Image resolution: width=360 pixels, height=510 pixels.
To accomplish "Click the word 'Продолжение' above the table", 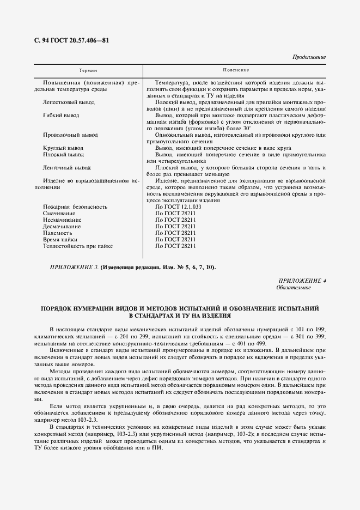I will click(309, 57).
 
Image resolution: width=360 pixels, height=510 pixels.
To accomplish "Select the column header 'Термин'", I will click(88, 70).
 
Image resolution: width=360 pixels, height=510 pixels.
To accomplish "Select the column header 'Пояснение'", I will click(236, 70).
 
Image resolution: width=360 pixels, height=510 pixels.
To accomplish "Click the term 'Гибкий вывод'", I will click(60, 115).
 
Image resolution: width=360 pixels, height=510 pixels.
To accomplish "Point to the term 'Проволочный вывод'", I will click(70, 135).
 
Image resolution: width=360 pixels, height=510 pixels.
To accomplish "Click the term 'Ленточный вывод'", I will click(66, 167).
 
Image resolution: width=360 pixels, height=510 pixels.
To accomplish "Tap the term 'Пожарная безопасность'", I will click(75, 207).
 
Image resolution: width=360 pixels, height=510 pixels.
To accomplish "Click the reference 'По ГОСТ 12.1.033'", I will click(178, 207).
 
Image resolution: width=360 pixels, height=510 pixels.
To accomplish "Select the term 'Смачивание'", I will click(59, 213).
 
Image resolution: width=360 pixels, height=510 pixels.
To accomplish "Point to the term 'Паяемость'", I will click(57, 233).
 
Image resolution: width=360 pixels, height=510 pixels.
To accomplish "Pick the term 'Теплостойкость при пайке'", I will click(78, 246).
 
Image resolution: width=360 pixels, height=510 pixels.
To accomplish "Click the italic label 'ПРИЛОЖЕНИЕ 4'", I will click(302, 280).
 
